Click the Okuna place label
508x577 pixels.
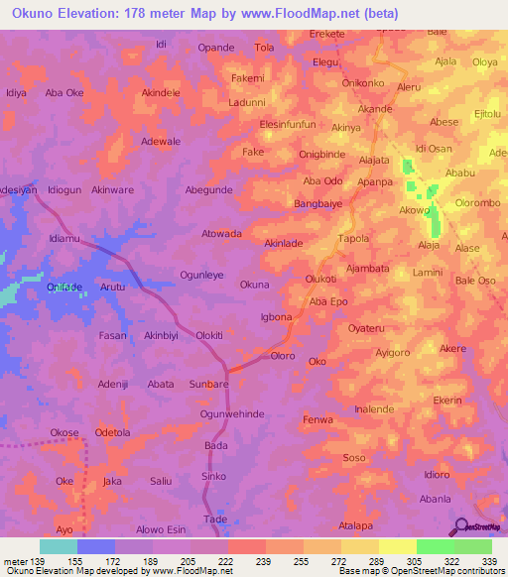254,285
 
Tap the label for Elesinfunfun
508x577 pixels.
287,124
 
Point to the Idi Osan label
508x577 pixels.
434,148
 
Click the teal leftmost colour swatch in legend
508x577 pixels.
58,546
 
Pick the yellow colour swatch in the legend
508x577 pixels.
397,546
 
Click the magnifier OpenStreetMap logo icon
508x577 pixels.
459,525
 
